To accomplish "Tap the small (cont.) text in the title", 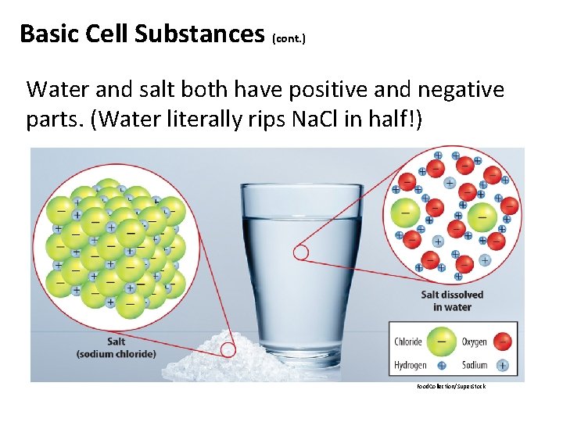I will [293, 37].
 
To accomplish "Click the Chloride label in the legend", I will [408, 342].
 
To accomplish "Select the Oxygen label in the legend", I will [475, 342].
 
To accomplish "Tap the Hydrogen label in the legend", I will [411, 364].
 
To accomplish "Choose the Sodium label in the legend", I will [475, 364].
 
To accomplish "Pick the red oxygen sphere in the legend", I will [504, 342].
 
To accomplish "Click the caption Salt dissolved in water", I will [452, 300].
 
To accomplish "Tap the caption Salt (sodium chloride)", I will [116, 348].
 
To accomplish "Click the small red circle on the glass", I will [301, 252].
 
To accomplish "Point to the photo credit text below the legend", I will [450, 386].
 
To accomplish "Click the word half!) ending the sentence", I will [396, 121].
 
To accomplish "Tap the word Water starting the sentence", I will [53, 90].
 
